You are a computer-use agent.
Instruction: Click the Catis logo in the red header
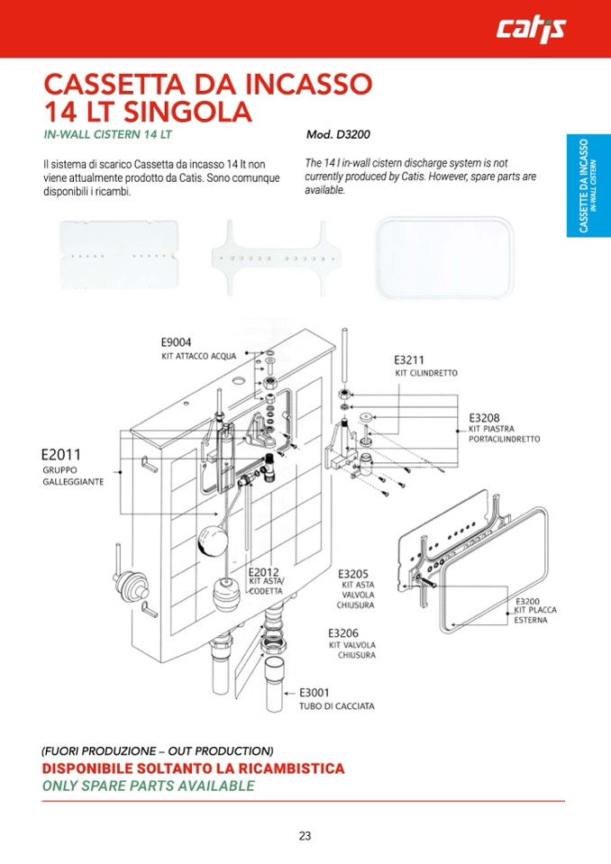[x=531, y=31]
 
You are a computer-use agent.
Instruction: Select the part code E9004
[x=176, y=342]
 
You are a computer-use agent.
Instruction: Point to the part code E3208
[x=484, y=418]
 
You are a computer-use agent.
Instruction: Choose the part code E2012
[x=264, y=572]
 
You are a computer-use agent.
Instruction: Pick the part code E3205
[x=353, y=574]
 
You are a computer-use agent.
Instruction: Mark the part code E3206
[x=343, y=632]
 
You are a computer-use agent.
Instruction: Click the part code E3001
[x=315, y=692]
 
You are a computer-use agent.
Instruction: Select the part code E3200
[x=527, y=601]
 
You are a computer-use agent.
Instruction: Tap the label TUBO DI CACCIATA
[x=337, y=706]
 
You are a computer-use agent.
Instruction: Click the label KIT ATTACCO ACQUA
[x=198, y=357]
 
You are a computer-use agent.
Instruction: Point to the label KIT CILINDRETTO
[x=426, y=373]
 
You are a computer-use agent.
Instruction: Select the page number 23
[x=305, y=835]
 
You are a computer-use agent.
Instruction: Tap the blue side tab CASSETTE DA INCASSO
[x=588, y=186]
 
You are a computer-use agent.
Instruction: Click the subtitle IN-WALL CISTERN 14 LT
[x=107, y=135]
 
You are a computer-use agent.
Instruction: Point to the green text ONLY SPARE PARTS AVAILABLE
[x=148, y=786]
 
